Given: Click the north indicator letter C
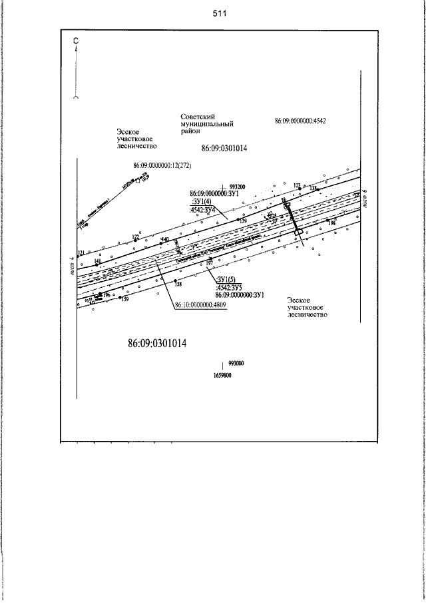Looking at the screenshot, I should tap(77, 41).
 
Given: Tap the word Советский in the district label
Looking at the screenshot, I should tap(195, 117).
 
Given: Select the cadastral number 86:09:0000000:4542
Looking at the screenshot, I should tap(300, 122).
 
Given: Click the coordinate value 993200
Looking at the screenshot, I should tap(238, 187).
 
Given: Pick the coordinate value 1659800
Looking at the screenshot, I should tap(222, 376).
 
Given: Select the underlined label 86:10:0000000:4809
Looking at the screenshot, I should tap(202, 306).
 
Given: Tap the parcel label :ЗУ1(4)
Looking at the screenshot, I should tap(202, 201).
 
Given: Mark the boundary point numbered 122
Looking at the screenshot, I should tap(135, 238).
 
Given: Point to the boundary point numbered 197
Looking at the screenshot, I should tap(209, 264).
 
